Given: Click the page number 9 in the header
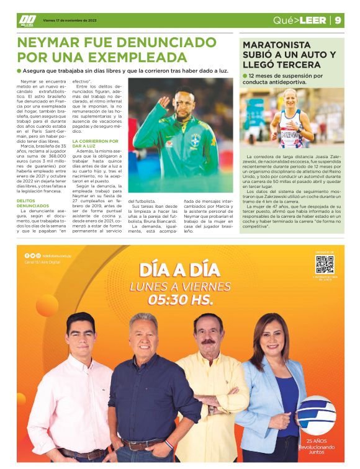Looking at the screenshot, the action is [x=338, y=20].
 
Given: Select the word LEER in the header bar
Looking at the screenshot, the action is [x=312, y=20].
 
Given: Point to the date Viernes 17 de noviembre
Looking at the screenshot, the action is [x=70, y=20].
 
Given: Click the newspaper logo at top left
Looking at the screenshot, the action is [x=27, y=20].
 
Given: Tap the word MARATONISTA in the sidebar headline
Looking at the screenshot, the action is [x=277, y=45].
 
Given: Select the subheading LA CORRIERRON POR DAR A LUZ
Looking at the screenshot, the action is [x=92, y=144].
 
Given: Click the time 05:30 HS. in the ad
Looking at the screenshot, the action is [x=180, y=300].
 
